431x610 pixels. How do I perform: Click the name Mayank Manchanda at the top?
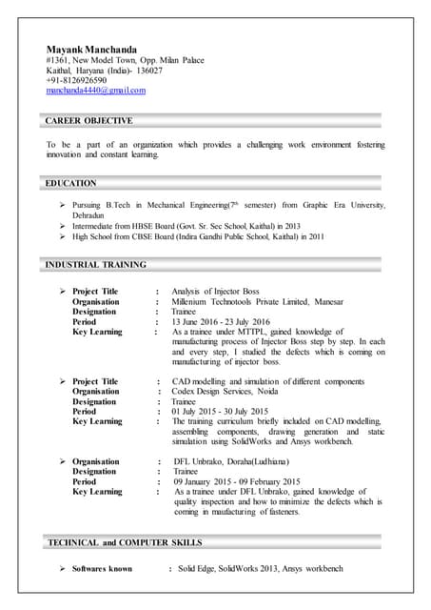coord(91,49)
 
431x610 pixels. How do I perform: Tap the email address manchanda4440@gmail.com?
coord(95,91)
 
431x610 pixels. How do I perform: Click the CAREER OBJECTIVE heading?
coord(89,121)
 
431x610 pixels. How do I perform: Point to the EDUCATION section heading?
coord(71,183)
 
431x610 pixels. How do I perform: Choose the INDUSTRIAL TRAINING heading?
coord(96,264)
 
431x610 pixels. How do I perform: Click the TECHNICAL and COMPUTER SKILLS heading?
coord(124,542)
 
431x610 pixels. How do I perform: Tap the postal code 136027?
coord(147,71)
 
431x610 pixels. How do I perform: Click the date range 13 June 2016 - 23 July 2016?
coord(221,321)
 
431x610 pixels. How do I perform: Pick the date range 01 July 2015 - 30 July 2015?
coord(221,412)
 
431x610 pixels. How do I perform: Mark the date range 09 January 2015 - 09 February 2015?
coord(237,482)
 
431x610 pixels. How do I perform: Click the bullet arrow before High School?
coord(63,236)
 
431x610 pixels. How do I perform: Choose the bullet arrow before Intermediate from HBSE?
coord(63,226)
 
